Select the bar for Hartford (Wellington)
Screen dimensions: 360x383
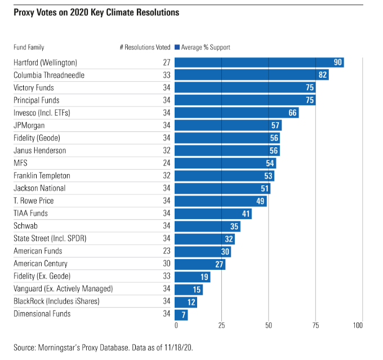(x=259, y=63)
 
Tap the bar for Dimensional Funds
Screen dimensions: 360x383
(x=181, y=314)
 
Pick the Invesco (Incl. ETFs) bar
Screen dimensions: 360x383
(x=237, y=113)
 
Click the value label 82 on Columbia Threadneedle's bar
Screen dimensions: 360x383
(x=323, y=75)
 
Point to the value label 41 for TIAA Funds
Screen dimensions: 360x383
(x=246, y=214)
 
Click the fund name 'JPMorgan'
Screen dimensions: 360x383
(x=29, y=125)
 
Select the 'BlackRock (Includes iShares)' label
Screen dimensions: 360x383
(x=56, y=301)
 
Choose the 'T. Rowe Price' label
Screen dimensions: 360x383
(x=34, y=201)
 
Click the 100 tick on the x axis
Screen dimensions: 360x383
(x=358, y=326)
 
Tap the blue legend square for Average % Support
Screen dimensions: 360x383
(x=177, y=48)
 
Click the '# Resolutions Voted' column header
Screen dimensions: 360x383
(x=145, y=48)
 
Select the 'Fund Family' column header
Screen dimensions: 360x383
(x=29, y=48)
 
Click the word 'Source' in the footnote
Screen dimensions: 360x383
(x=24, y=346)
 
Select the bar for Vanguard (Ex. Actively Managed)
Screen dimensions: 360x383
(x=189, y=289)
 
